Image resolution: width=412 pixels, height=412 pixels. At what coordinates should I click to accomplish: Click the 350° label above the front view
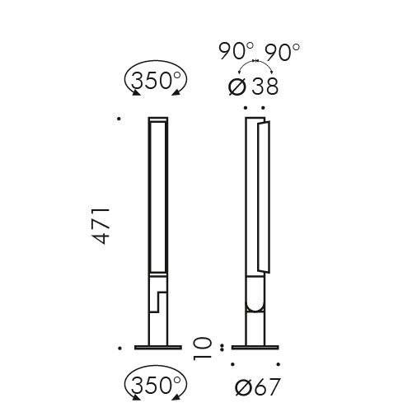[x=157, y=81]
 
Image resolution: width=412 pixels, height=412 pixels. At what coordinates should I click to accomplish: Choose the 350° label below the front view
[x=157, y=384]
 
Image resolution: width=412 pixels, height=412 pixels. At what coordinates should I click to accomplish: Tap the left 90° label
[x=236, y=52]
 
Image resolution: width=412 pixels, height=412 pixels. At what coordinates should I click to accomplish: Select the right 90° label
[x=283, y=52]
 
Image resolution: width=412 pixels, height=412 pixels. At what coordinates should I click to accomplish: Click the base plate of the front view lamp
[x=157, y=347]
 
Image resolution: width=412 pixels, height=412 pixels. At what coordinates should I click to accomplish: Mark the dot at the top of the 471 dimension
[x=121, y=119]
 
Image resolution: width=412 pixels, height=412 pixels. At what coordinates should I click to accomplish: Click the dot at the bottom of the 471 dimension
[x=121, y=347]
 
